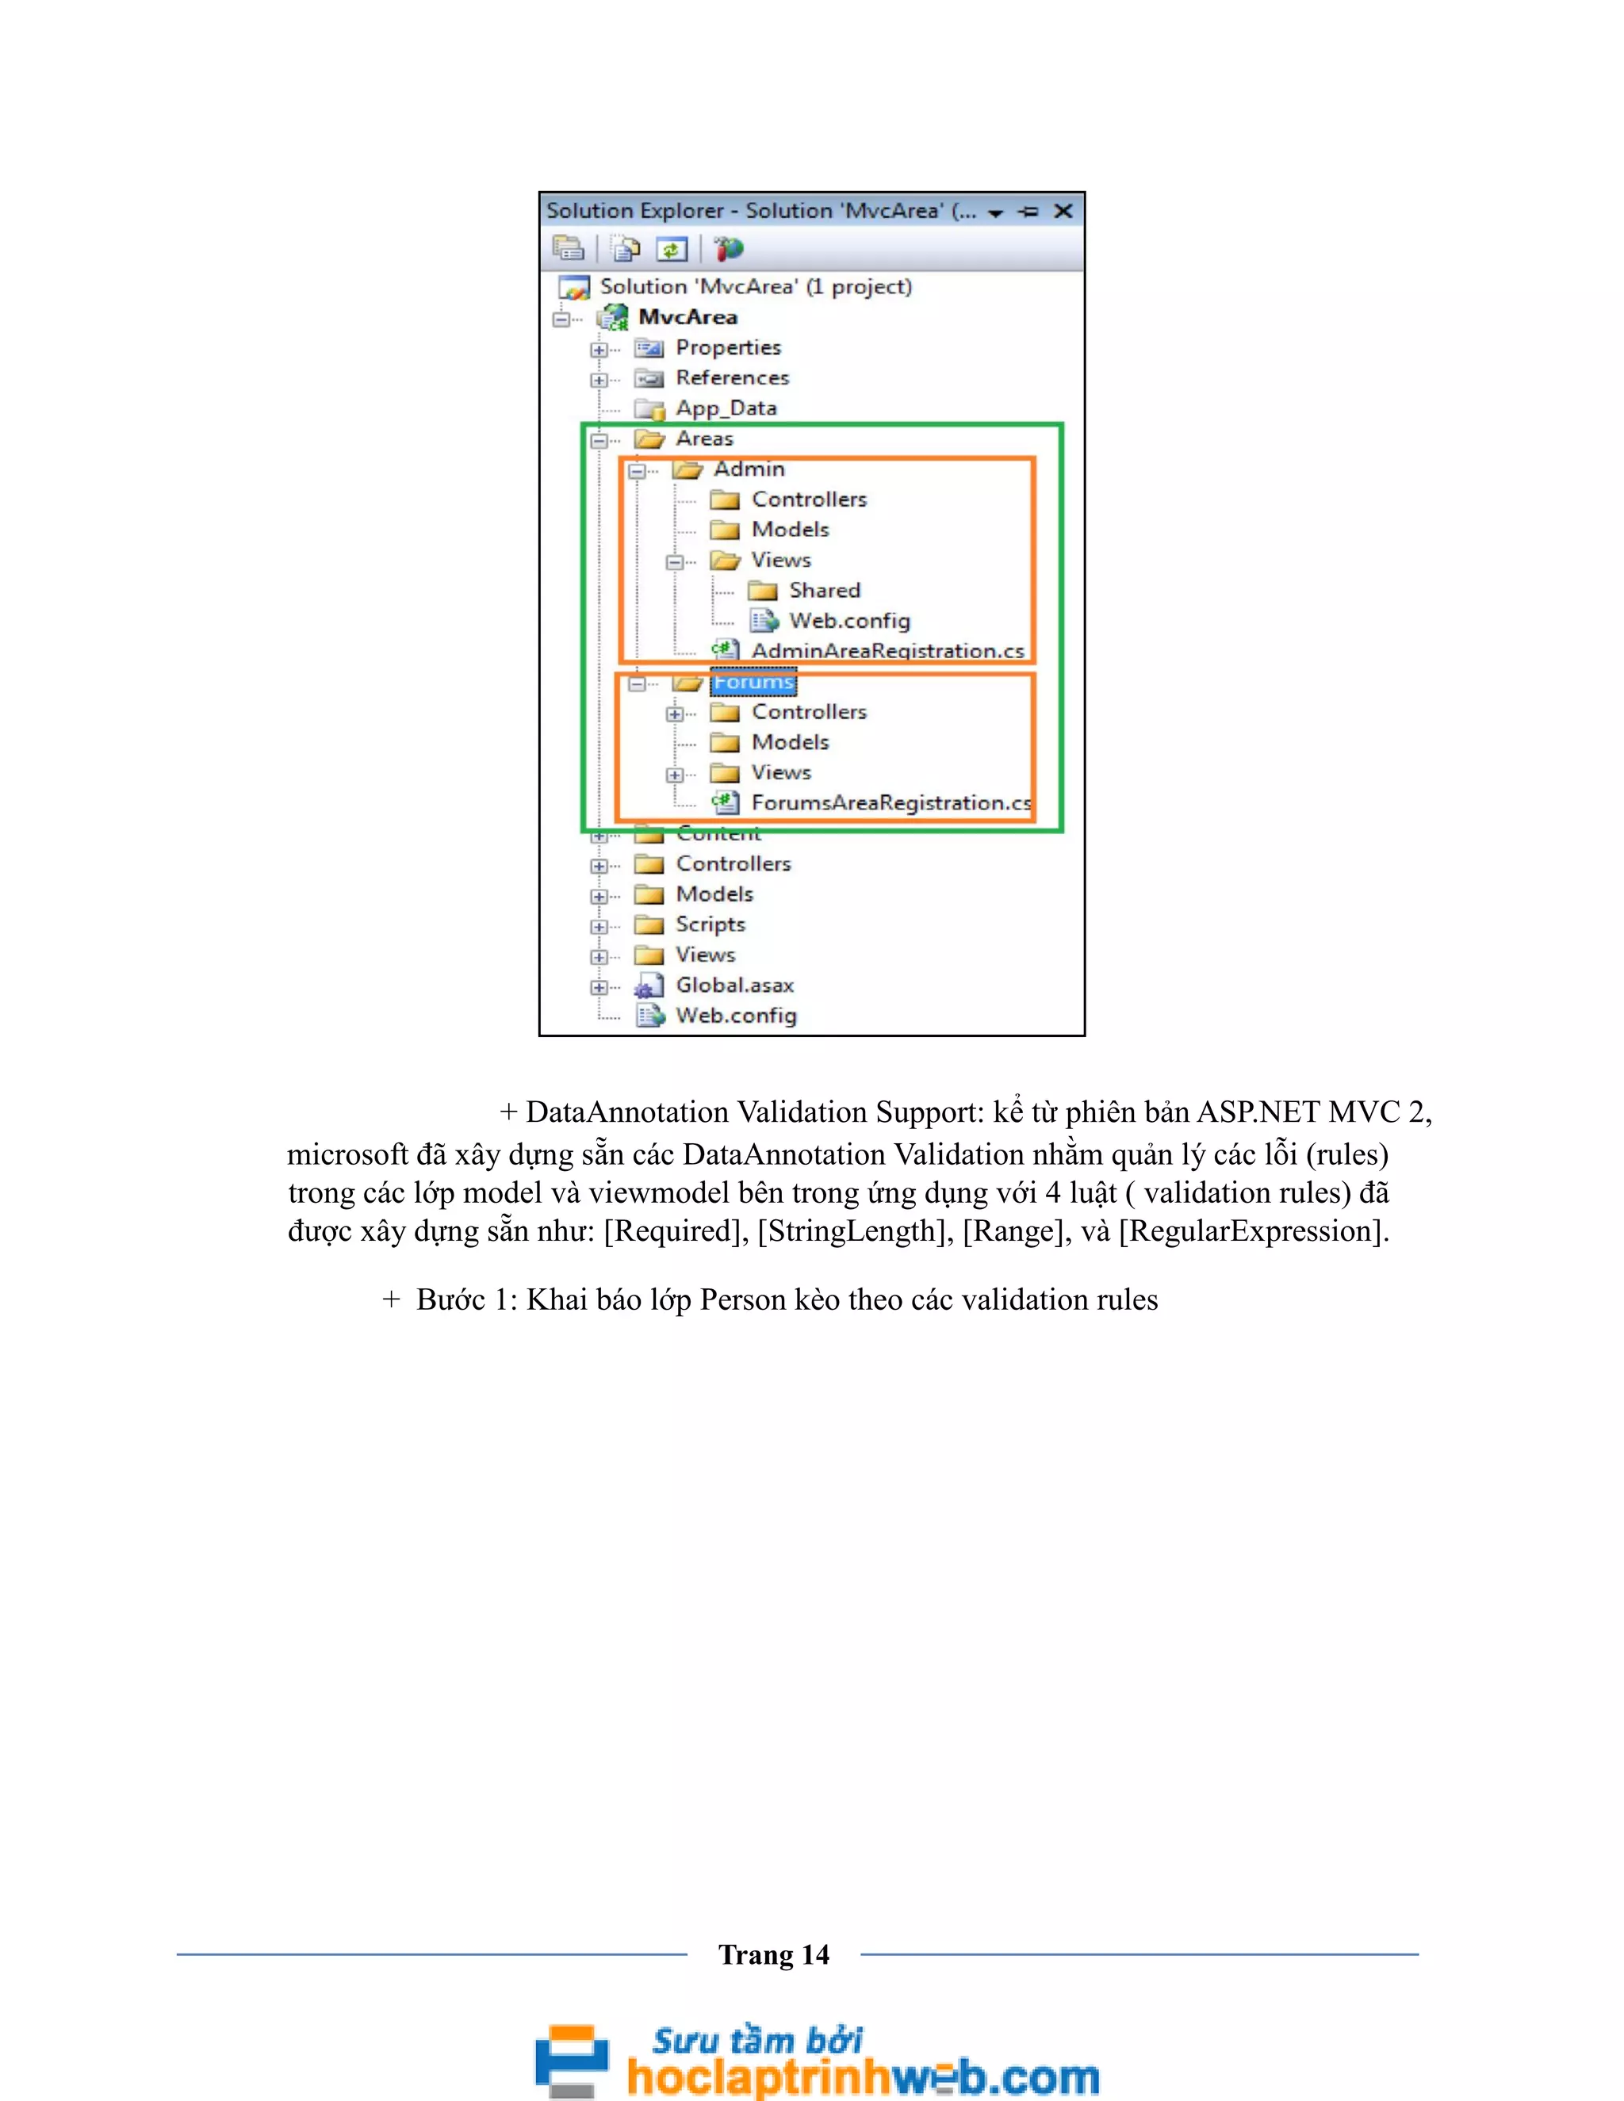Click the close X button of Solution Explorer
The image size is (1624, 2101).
(x=1063, y=211)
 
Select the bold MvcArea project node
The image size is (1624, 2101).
(x=687, y=317)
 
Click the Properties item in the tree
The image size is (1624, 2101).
(x=727, y=347)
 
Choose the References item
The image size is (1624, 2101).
(x=731, y=378)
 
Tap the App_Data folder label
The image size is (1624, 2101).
(x=726, y=408)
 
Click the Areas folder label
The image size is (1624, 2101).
(x=704, y=438)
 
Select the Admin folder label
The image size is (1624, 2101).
(x=749, y=469)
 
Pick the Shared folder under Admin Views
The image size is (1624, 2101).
(x=825, y=591)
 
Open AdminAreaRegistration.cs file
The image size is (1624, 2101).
(x=887, y=651)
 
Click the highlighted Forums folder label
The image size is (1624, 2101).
(x=753, y=682)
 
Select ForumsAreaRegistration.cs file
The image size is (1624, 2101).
(x=890, y=803)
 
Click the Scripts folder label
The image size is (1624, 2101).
(x=710, y=924)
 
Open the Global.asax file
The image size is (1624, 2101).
(x=734, y=985)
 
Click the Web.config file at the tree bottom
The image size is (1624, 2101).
(x=736, y=1016)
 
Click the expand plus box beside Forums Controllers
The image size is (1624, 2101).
(x=675, y=714)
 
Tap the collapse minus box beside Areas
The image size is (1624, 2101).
(x=599, y=441)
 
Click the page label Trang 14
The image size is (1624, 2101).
(x=773, y=1955)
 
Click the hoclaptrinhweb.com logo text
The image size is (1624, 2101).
(x=862, y=2077)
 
